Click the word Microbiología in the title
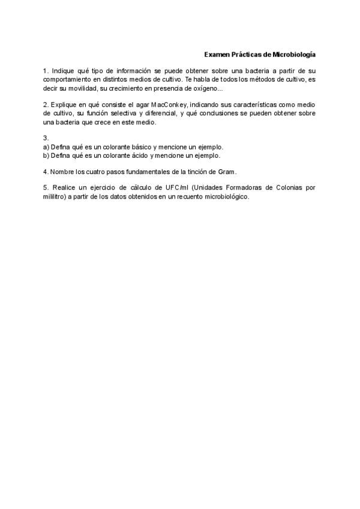point(294,55)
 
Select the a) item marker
point(46,146)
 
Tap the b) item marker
point(46,155)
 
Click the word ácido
point(137,155)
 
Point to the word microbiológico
point(226,196)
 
